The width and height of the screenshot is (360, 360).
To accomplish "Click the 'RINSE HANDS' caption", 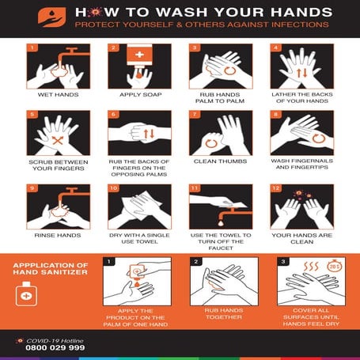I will point(57,235).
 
